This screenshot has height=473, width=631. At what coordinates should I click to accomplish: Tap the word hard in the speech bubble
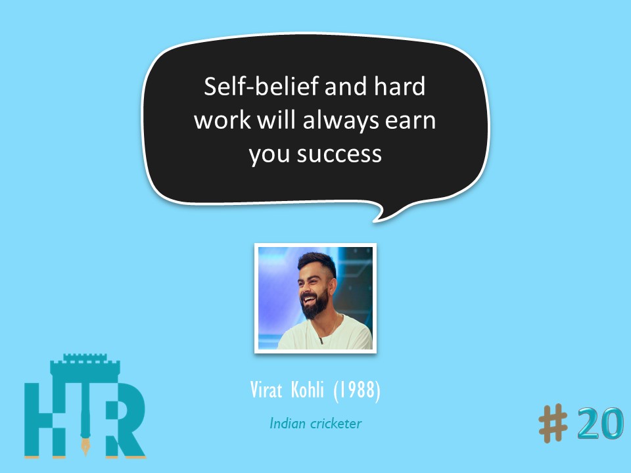coord(399,86)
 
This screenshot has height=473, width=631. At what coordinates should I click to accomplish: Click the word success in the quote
coord(339,155)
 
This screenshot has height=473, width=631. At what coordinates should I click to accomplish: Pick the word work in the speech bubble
coord(223,120)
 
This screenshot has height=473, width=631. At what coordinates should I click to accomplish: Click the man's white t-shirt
coord(325,334)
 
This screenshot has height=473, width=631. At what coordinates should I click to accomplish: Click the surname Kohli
coord(307,390)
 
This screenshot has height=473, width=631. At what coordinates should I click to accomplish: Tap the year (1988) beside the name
coord(357,390)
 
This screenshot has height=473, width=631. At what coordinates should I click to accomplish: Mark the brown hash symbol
coord(553,424)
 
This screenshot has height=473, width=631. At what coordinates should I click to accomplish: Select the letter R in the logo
coord(122,420)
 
